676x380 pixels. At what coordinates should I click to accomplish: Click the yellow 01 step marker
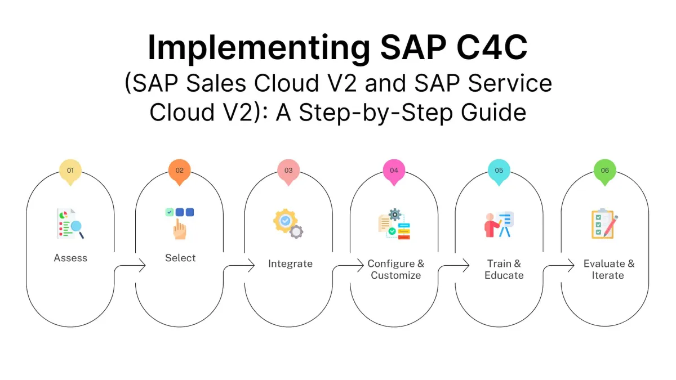(x=70, y=170)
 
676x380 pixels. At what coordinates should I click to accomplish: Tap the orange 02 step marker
(x=180, y=170)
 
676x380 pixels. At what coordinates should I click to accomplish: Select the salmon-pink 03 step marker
(x=288, y=170)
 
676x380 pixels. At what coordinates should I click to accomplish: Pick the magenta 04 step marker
(x=394, y=170)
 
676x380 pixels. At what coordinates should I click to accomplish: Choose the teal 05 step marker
(x=499, y=170)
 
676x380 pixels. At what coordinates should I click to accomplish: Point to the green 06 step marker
(x=605, y=170)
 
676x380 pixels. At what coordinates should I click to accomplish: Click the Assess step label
(x=70, y=258)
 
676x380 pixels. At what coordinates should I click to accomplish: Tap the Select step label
(x=180, y=258)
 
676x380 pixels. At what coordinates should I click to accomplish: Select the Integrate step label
(x=290, y=264)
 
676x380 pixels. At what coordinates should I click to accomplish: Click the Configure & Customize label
(x=395, y=270)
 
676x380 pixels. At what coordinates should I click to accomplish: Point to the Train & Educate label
(x=504, y=270)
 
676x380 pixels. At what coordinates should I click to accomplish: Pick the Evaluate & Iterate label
(x=608, y=270)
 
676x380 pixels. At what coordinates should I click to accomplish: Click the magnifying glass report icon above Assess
(x=70, y=223)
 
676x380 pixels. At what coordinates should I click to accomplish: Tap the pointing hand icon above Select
(x=180, y=223)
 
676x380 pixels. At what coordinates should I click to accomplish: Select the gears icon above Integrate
(x=288, y=223)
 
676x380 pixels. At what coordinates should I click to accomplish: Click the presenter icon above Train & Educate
(x=500, y=224)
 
